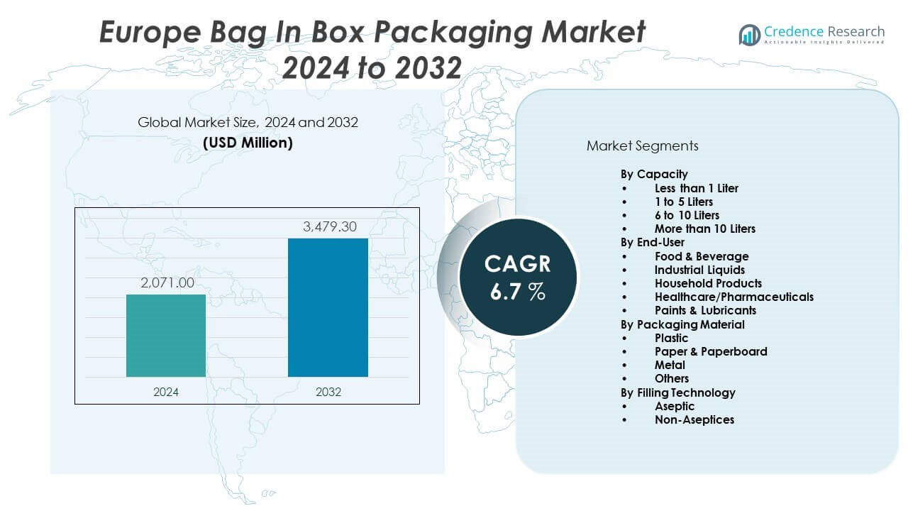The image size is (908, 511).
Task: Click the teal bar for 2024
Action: pyautogui.click(x=166, y=336)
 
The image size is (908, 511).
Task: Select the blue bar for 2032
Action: pyautogui.click(x=328, y=307)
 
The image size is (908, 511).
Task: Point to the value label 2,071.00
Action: pyautogui.click(x=166, y=283)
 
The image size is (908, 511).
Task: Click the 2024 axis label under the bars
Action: pyautogui.click(x=166, y=392)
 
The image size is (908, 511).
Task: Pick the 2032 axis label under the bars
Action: pyautogui.click(x=328, y=392)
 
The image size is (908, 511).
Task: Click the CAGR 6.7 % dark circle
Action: pyautogui.click(x=518, y=277)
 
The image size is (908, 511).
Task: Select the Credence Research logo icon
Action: pyautogui.click(x=749, y=34)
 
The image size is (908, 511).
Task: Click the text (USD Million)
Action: pyautogui.click(x=248, y=143)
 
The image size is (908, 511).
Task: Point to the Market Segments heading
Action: pyautogui.click(x=642, y=146)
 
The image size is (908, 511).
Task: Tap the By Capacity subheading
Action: pyautogui.click(x=654, y=174)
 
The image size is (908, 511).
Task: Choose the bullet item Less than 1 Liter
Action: pyautogui.click(x=696, y=188)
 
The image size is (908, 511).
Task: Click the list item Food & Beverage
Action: pyautogui.click(x=701, y=256)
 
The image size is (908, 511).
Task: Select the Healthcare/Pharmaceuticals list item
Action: pyautogui.click(x=733, y=297)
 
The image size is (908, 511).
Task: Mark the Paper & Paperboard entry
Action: pyautogui.click(x=710, y=351)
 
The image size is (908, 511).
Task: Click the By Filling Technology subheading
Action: pyautogui.click(x=677, y=392)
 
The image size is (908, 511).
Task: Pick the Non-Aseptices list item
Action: pyautogui.click(x=694, y=419)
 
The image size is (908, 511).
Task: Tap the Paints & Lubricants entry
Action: pyautogui.click(x=705, y=310)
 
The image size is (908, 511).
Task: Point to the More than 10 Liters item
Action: pyautogui.click(x=704, y=229)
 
